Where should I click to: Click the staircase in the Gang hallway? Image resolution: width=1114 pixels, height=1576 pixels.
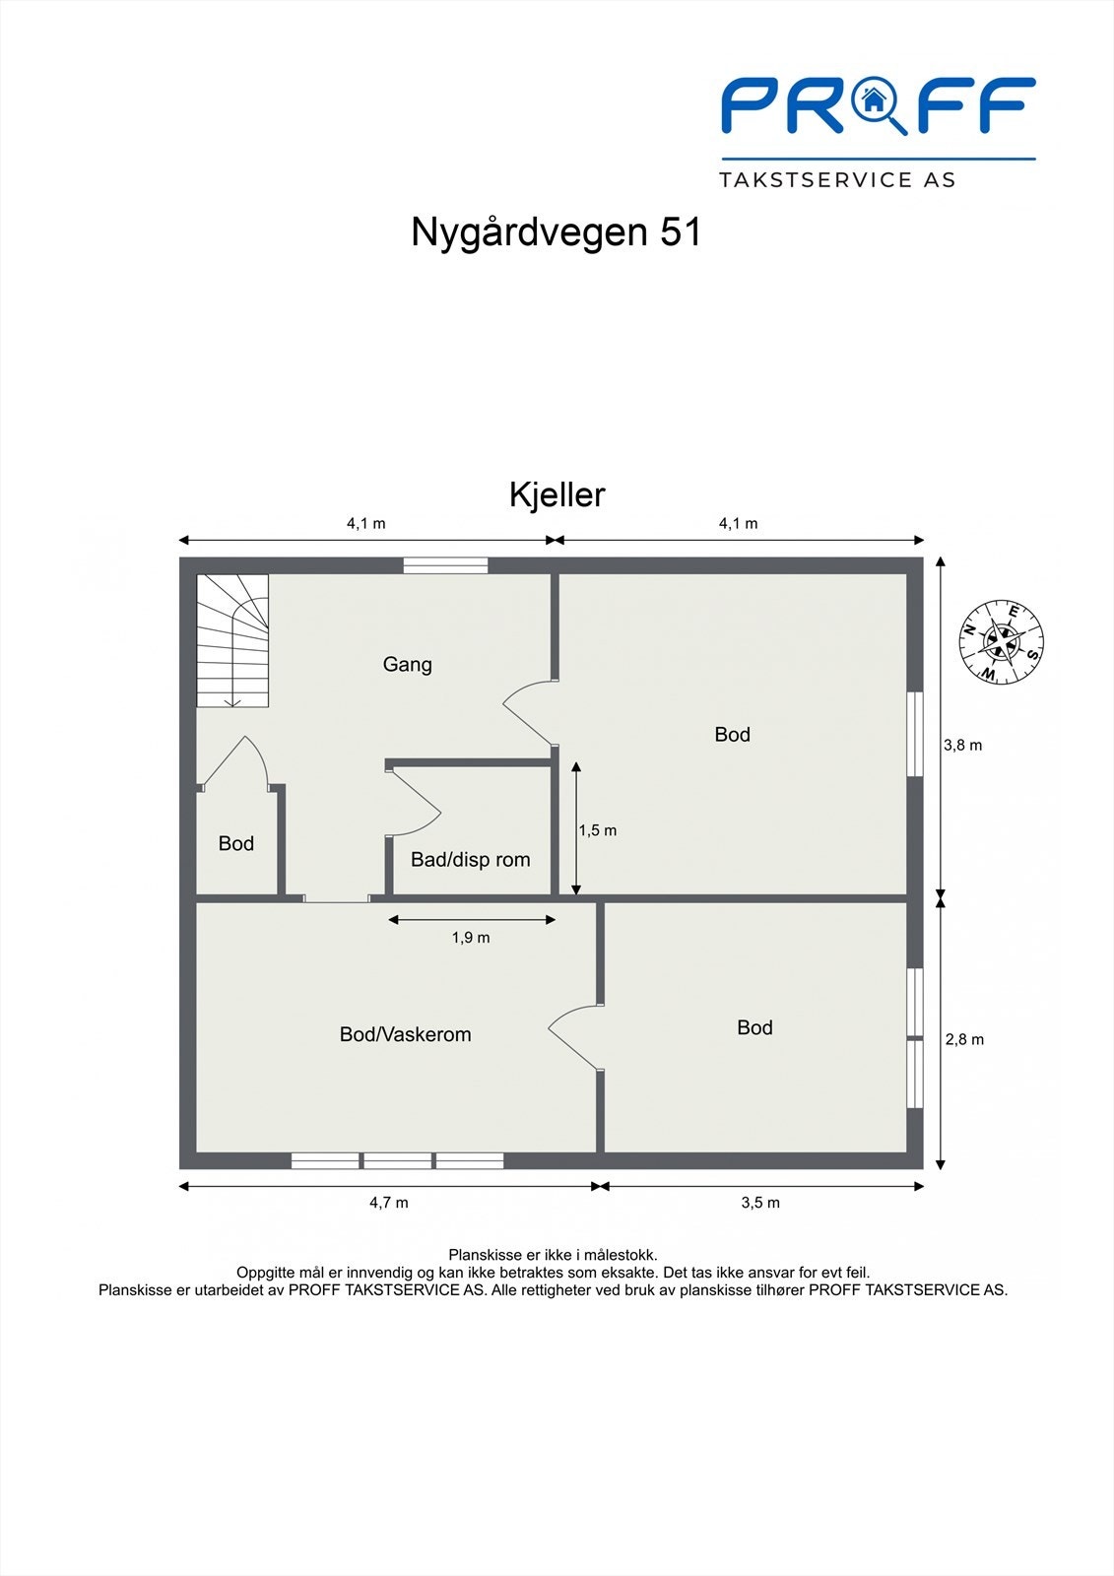point(232,640)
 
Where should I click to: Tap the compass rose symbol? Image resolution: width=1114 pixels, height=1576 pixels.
point(1002,641)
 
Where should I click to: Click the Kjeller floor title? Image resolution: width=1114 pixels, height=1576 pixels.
point(557,494)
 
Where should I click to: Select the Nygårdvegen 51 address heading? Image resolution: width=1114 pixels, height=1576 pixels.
point(556,232)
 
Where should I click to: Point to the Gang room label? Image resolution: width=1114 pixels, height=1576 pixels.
point(407,664)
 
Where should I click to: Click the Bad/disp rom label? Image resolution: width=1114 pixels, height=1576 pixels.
point(470,859)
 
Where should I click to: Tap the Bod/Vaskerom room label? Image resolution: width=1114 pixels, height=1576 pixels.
point(405,1034)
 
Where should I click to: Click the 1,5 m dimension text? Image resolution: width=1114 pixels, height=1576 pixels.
point(598,830)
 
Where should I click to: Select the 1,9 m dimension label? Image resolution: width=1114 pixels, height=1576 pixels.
point(471,938)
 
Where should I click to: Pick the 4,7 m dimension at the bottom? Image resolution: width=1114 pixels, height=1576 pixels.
point(389,1202)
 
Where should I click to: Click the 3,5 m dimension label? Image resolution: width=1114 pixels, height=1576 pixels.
point(760,1202)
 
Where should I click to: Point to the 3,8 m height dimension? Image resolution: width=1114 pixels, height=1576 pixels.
point(962,745)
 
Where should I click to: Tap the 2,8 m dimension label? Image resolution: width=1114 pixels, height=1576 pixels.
point(964,1039)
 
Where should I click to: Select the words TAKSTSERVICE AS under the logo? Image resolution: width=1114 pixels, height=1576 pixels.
point(837,179)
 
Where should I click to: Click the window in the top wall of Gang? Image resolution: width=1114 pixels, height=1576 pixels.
point(445,565)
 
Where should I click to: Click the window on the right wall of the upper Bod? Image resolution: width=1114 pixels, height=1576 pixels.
point(915,734)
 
